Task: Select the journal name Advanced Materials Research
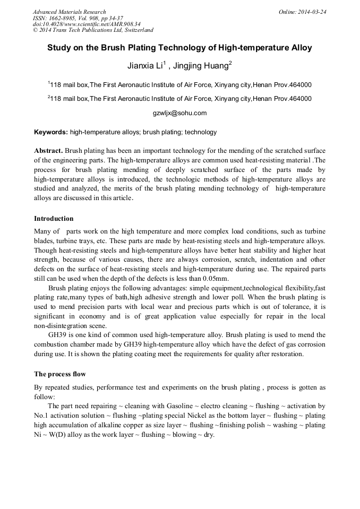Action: click(x=69, y=12)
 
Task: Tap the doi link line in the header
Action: click(x=87, y=24)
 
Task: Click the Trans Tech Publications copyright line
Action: click(x=93, y=30)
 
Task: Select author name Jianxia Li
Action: click(x=144, y=66)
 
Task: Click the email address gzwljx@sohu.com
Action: click(x=179, y=113)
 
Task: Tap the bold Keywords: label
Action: click(x=51, y=132)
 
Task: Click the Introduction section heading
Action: click(x=54, y=219)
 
